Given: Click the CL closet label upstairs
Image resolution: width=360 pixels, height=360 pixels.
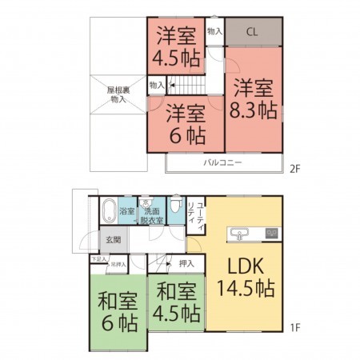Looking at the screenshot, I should pyautogui.click(x=251, y=33).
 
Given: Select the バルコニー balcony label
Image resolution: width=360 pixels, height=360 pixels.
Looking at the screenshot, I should pyautogui.click(x=222, y=162).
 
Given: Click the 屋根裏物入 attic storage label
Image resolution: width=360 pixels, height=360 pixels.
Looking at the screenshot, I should pyautogui.click(x=118, y=96).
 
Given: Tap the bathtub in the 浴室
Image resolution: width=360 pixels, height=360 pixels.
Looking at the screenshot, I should pyautogui.click(x=110, y=212).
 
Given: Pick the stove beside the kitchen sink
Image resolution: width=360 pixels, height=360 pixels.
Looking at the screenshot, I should pyautogui.click(x=271, y=234).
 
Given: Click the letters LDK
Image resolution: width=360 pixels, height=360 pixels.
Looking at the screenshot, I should pyautogui.click(x=244, y=266).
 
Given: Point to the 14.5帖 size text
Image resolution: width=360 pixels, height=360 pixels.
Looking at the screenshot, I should pyautogui.click(x=244, y=288).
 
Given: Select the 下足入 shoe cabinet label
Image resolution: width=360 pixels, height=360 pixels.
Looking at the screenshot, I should pyautogui.click(x=98, y=259).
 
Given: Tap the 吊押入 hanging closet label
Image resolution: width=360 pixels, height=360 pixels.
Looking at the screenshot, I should pyautogui.click(x=117, y=263).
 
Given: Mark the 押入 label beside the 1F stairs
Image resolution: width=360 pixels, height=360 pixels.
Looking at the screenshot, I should pyautogui.click(x=186, y=262).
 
